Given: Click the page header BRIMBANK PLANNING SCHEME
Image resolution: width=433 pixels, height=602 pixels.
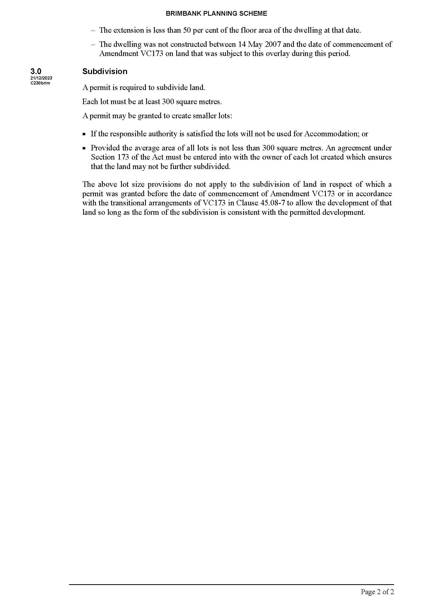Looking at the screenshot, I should [x=216, y=14].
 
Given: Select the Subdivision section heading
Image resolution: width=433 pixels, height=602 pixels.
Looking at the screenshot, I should [x=105, y=71].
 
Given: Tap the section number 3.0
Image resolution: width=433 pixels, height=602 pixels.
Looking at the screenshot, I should [x=36, y=71].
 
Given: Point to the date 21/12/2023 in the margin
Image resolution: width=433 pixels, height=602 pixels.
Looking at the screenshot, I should [x=41, y=78].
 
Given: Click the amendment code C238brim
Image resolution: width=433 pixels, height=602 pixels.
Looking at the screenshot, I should [x=40, y=83].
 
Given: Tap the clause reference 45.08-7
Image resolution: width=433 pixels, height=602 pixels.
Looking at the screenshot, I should [x=272, y=203].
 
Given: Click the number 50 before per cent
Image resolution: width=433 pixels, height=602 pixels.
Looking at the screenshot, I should [x=187, y=30].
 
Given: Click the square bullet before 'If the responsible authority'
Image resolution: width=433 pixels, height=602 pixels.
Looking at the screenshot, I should [x=84, y=134].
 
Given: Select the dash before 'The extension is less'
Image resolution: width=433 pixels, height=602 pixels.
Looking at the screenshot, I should [x=93, y=30].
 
